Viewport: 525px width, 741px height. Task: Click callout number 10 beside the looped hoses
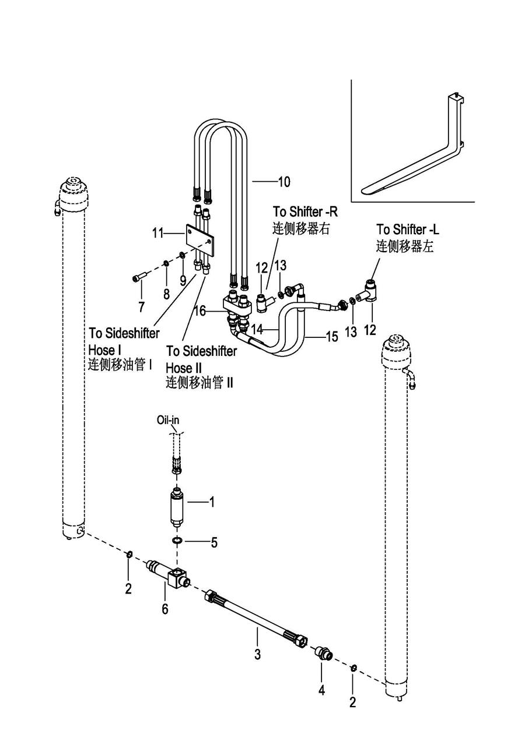(284, 182)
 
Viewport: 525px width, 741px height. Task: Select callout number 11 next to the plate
(157, 233)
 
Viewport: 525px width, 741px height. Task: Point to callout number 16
(200, 310)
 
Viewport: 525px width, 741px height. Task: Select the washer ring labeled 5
(177, 541)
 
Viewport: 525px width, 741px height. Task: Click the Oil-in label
(168, 420)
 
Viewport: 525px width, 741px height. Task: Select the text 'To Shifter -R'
(305, 211)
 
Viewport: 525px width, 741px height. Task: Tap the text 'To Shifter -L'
(407, 230)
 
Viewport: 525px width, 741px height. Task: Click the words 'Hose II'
(184, 368)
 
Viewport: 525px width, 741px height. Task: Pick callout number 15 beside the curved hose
(332, 337)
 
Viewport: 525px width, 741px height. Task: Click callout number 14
(257, 329)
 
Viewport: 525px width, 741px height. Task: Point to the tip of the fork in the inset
(363, 190)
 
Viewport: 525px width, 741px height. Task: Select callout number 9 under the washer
(183, 281)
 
